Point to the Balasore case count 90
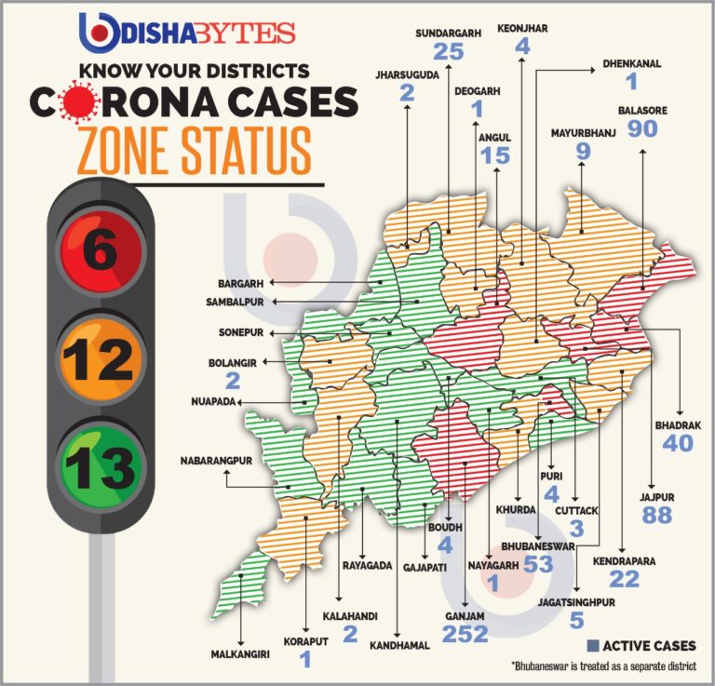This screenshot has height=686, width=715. [x=642, y=128]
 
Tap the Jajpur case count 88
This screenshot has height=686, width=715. [x=657, y=513]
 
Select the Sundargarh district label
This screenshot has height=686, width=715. [x=448, y=33]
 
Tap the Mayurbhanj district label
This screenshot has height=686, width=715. [x=584, y=132]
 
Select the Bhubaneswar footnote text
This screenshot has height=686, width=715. [x=602, y=667]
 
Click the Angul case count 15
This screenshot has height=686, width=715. [x=495, y=155]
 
